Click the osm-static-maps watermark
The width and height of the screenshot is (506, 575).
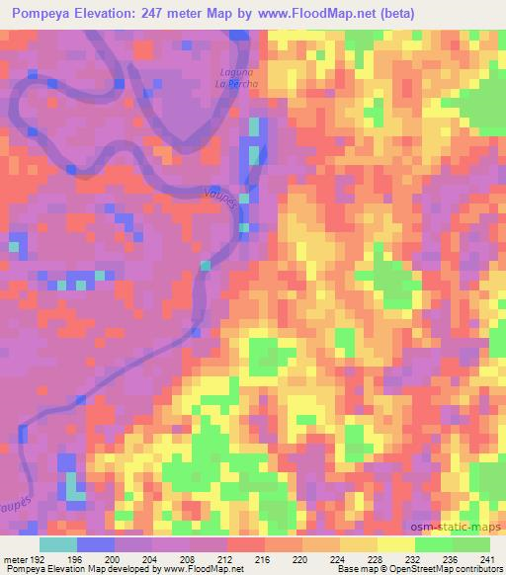464,527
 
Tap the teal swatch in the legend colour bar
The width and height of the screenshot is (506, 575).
58,544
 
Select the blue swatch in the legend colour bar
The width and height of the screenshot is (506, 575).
96,544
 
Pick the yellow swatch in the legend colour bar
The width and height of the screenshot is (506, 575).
396,544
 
